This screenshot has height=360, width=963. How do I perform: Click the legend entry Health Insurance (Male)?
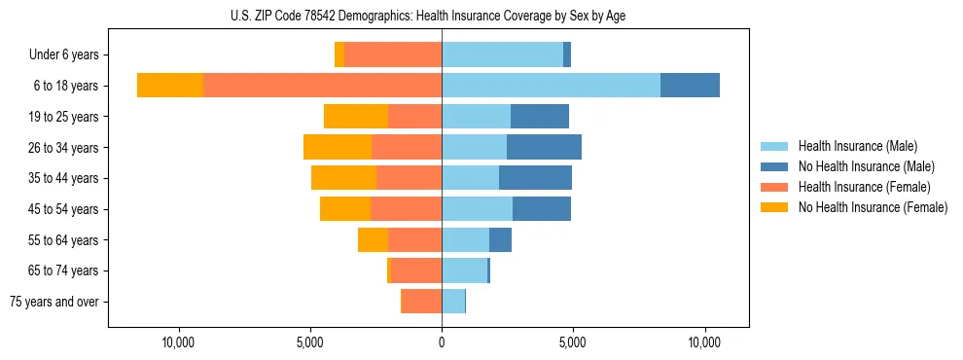point(857,146)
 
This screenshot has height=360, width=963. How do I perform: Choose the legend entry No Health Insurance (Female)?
point(873,207)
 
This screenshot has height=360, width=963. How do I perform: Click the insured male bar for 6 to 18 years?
point(551,86)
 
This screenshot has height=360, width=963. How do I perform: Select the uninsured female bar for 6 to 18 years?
point(170,86)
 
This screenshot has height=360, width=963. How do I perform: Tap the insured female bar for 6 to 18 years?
point(322,86)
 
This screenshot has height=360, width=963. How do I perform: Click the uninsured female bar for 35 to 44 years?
point(343,178)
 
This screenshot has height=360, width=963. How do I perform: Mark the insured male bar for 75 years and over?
point(453,302)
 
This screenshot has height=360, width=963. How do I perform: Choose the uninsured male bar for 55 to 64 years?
point(500,239)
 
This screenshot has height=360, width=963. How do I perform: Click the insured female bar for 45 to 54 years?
point(406,209)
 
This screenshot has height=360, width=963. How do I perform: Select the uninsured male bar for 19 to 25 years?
point(540,117)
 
